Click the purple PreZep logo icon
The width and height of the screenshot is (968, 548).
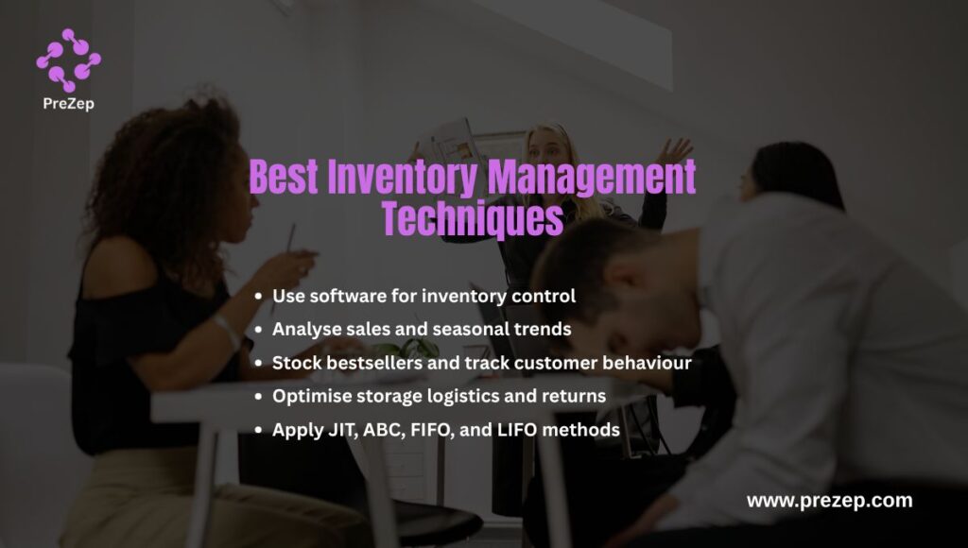click(x=68, y=60)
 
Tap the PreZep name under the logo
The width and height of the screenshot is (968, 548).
click(x=68, y=104)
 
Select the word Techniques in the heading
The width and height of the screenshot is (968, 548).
click(x=473, y=219)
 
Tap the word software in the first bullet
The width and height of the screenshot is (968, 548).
click(x=342, y=296)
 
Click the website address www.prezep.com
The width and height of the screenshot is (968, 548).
click(x=829, y=501)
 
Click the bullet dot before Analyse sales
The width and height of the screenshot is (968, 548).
click(x=258, y=330)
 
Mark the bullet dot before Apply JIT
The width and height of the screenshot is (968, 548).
click(x=258, y=430)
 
